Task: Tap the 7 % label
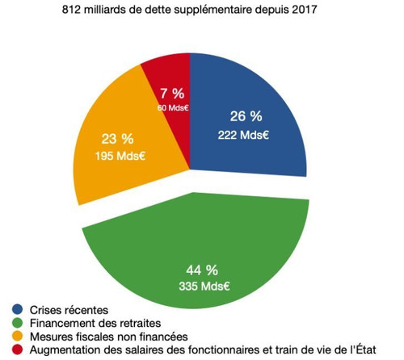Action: tap(171, 93)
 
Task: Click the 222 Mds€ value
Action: tap(242, 134)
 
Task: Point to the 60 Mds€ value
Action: tap(171, 107)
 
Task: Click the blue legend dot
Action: tap(17, 309)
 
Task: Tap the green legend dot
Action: tap(17, 323)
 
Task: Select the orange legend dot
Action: tap(17, 337)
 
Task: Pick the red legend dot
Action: tap(17, 350)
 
